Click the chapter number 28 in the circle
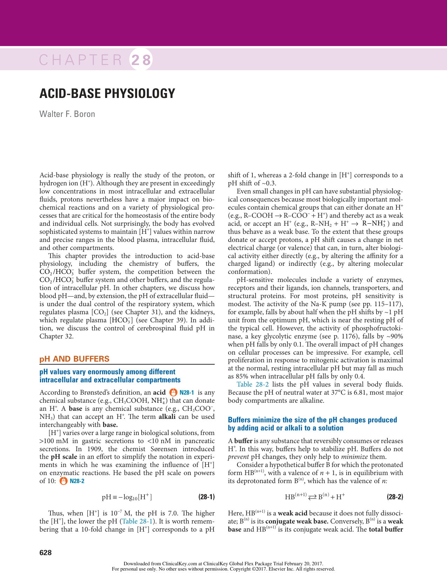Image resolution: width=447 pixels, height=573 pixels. point(141,60)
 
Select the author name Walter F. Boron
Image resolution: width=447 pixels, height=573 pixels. point(67,114)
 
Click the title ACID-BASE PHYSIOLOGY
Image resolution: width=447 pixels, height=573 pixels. point(107,94)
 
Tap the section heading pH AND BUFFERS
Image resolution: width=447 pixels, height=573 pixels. point(74,359)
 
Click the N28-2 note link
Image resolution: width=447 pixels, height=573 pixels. point(77,481)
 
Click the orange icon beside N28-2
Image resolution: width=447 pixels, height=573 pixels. point(64,481)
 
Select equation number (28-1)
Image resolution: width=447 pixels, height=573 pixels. point(206,497)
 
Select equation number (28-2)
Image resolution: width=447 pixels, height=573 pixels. point(395,497)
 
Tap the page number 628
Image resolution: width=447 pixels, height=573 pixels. point(46,553)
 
